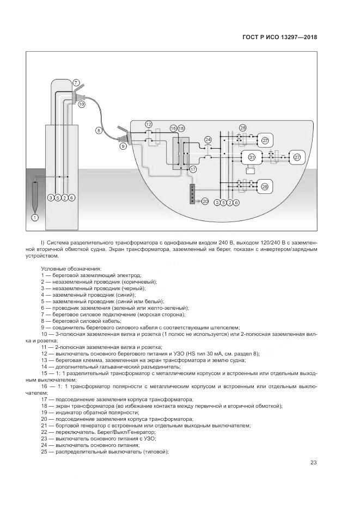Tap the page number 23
313,463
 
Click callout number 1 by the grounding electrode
35,217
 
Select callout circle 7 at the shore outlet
76,83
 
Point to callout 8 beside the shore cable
99,130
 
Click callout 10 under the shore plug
82,103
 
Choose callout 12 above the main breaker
149,124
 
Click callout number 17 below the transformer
193,169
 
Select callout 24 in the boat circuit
208,140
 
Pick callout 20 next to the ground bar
205,201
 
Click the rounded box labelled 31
252,158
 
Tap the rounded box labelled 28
265,187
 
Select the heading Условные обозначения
71,269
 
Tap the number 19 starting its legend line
44,413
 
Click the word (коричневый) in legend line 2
142,282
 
